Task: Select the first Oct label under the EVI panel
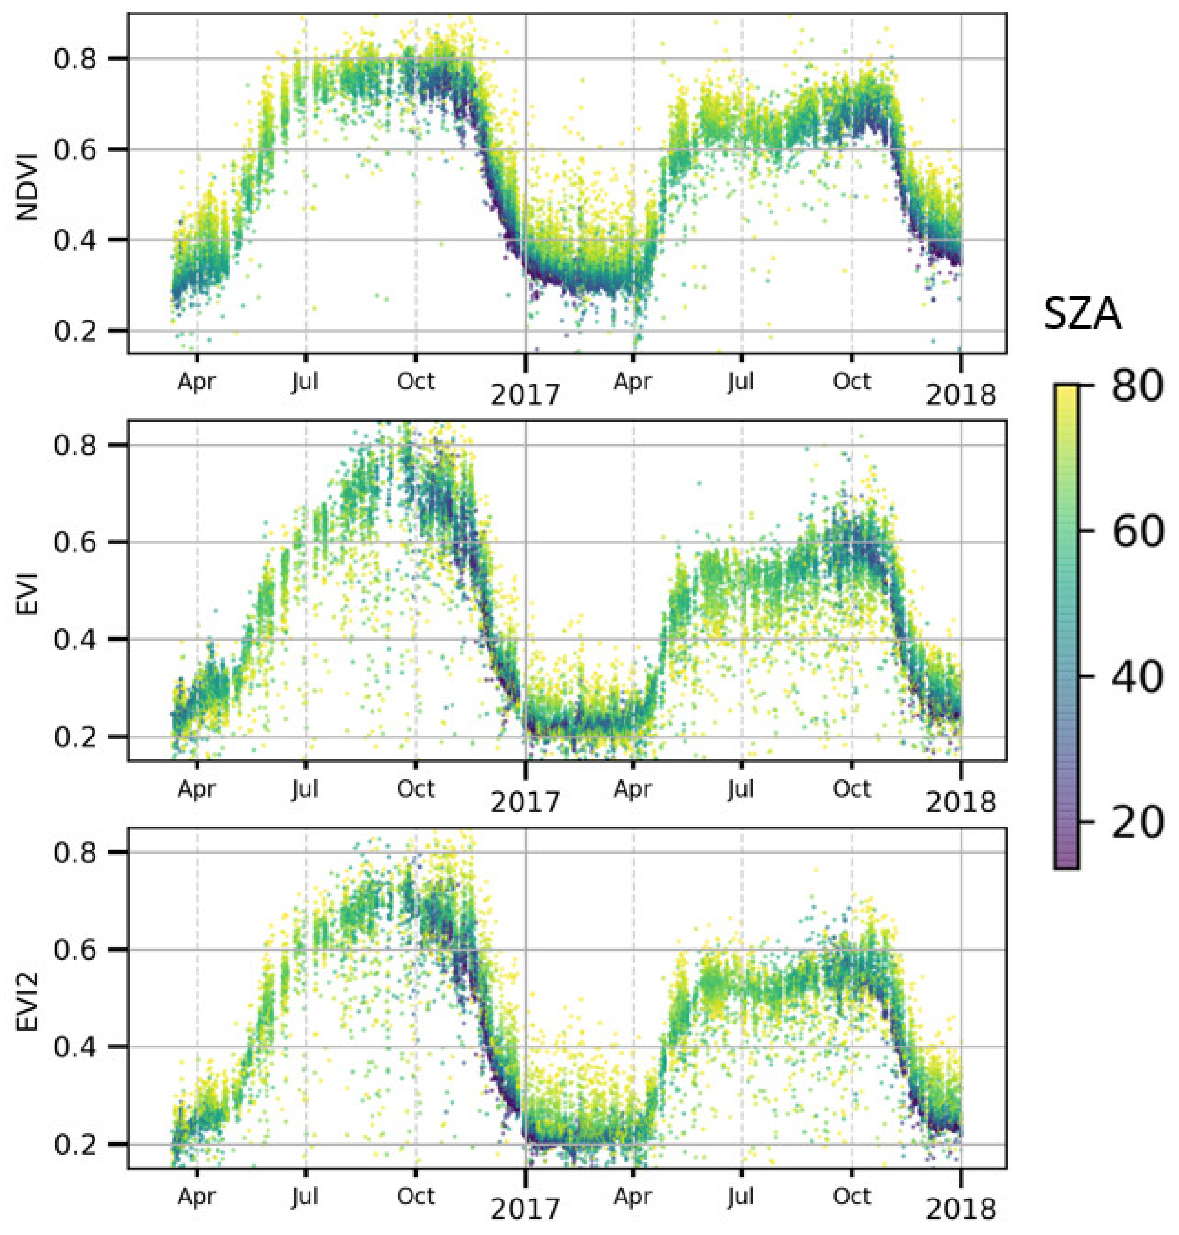(415, 789)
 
